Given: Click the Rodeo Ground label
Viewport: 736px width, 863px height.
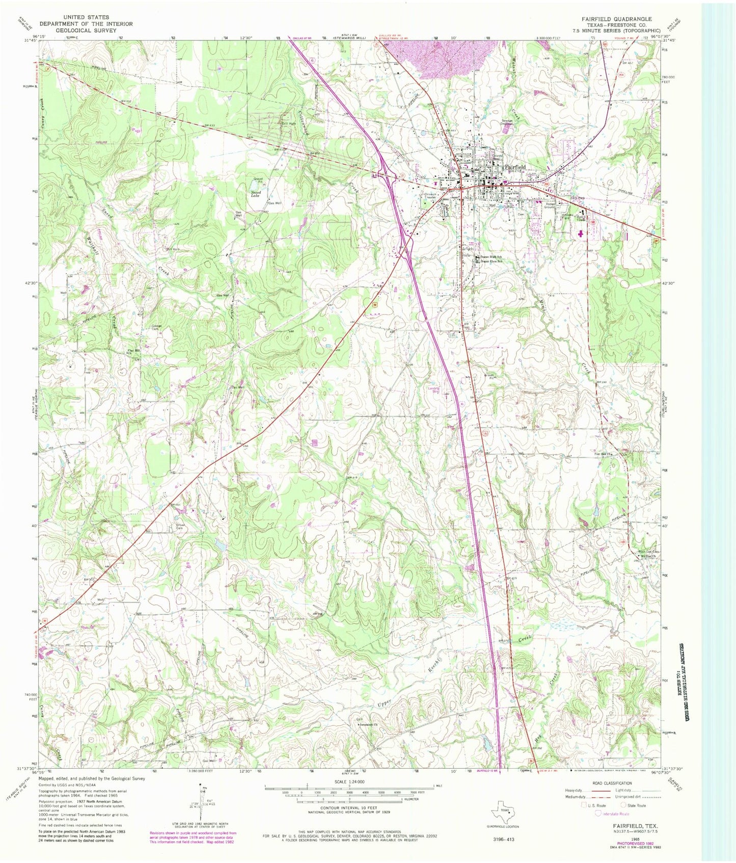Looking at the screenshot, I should pos(549,205).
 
